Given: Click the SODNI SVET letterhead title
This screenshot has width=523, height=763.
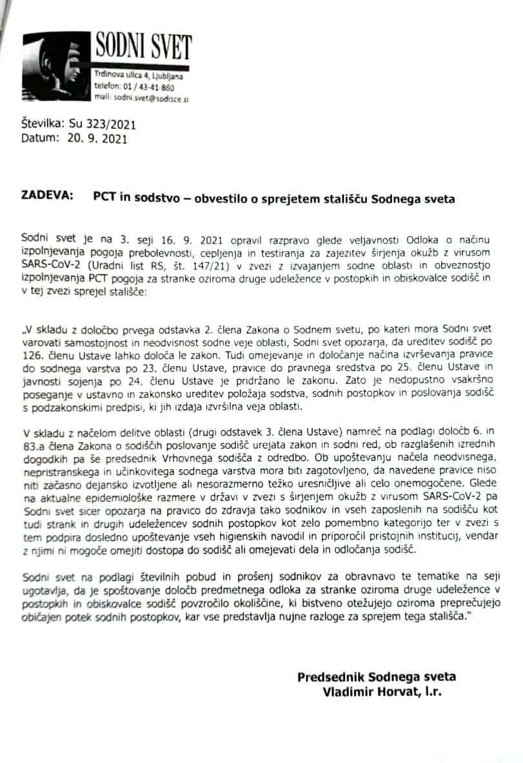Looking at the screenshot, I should [143, 47].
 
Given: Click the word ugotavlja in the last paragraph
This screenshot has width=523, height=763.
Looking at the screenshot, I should [44, 586].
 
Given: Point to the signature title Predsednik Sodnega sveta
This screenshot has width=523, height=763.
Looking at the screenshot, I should [377, 677].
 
